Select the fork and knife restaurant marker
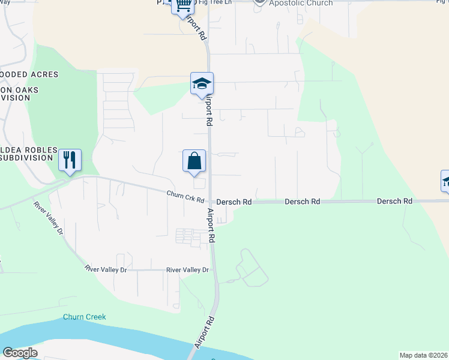click(x=70, y=160)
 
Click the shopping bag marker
click(x=194, y=161)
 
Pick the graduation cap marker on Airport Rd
click(x=202, y=84)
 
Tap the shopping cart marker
click(x=182, y=5)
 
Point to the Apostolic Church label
click(x=300, y=3)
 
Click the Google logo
click(x=20, y=353)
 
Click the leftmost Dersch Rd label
click(x=234, y=203)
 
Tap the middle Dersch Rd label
click(x=302, y=202)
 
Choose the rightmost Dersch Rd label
click(x=394, y=201)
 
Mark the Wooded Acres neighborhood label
click(x=29, y=74)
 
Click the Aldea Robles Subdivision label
click(x=28, y=154)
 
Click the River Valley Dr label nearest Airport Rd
click(x=187, y=270)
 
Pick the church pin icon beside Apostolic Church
click(x=259, y=2)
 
